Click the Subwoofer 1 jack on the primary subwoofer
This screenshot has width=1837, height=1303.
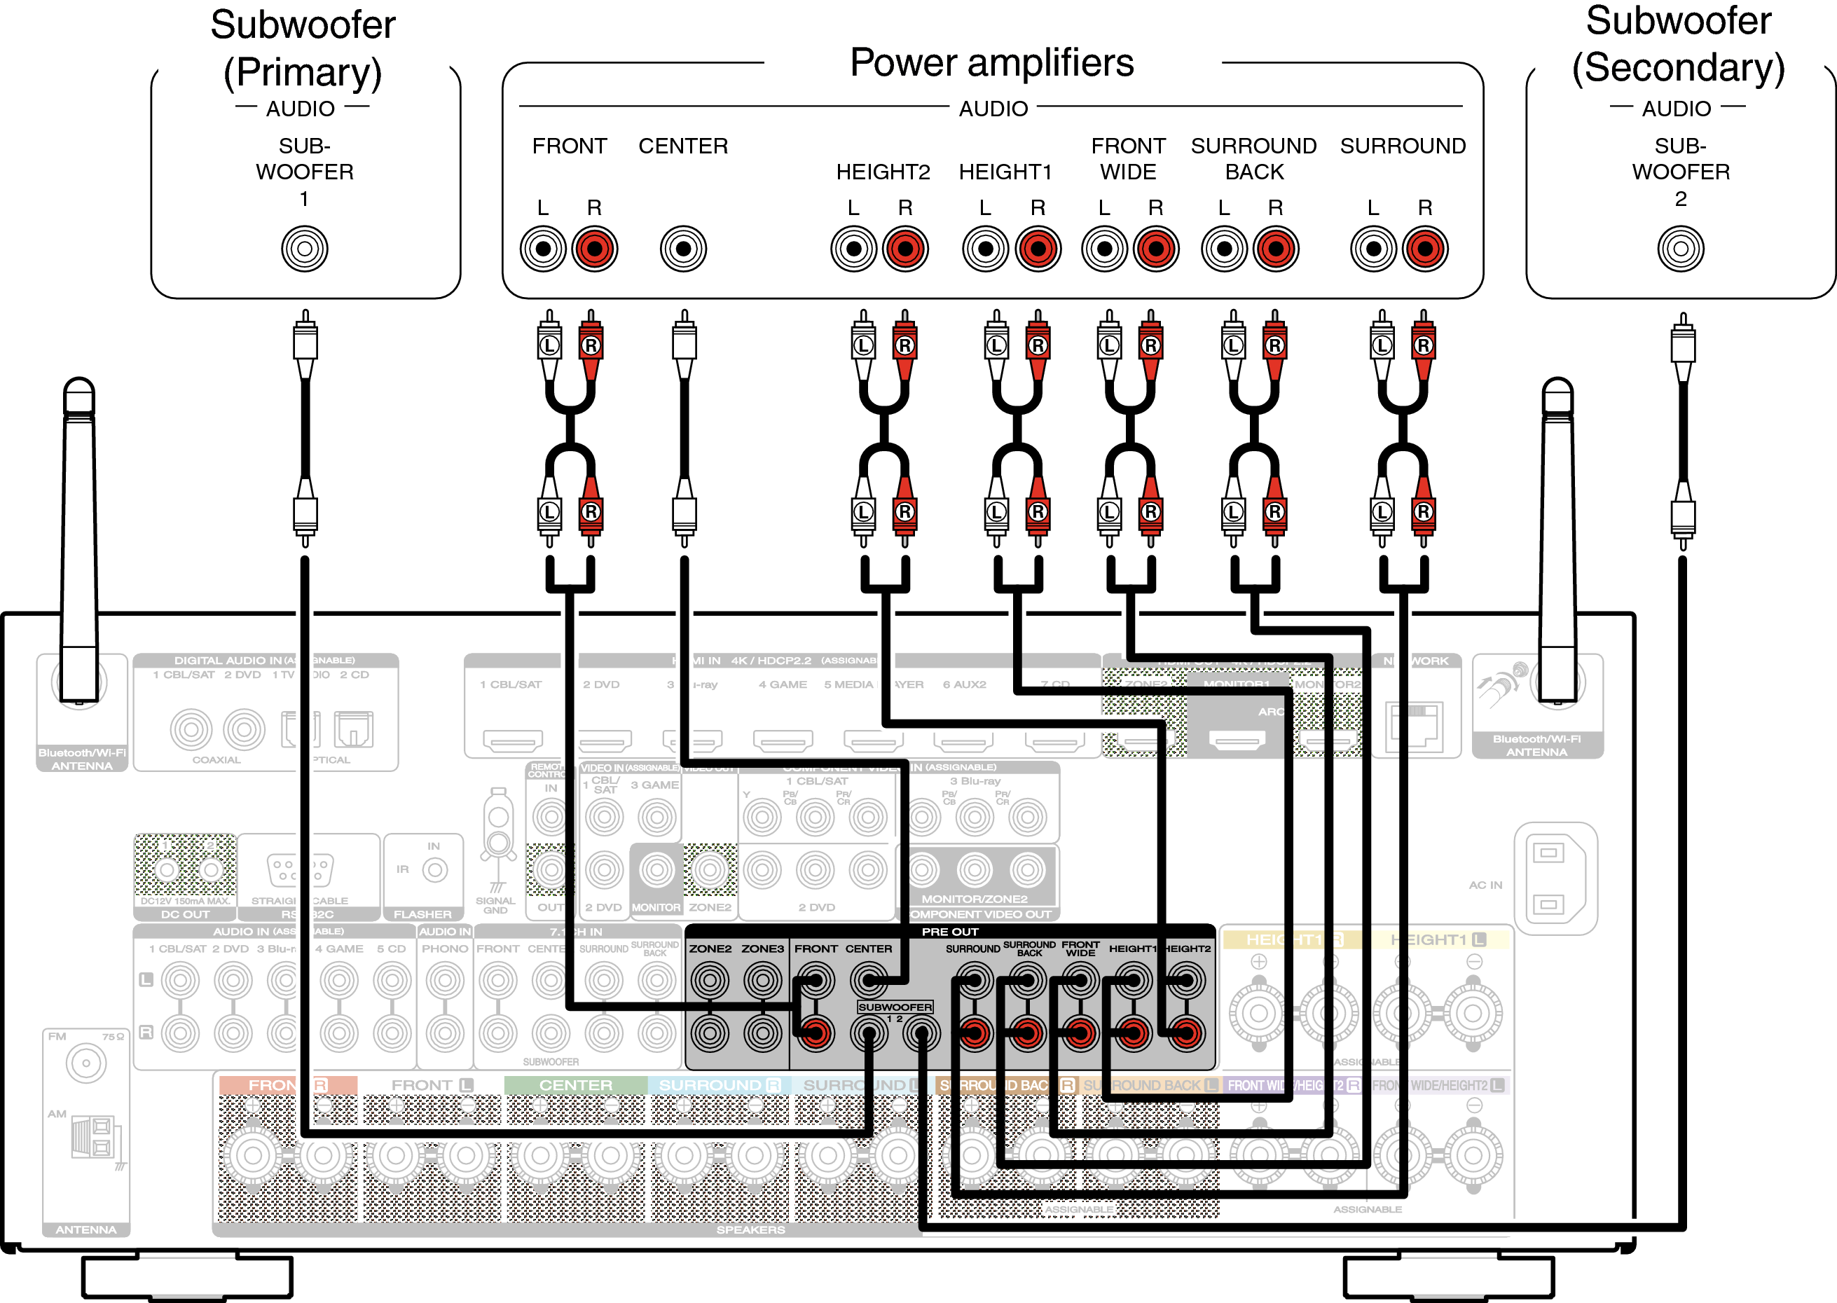coord(304,249)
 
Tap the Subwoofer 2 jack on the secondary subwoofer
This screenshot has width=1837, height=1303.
coord(1680,249)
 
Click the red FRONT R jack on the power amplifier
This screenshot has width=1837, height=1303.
coord(594,249)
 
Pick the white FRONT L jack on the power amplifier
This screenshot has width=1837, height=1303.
coord(543,249)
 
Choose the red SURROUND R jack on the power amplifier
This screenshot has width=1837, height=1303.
coord(1424,249)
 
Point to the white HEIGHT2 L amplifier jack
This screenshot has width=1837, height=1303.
coord(853,249)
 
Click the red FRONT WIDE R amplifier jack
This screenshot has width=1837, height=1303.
coord(1155,249)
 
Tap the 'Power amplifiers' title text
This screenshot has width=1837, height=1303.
coord(991,62)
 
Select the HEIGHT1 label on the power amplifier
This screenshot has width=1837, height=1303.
coord(1005,172)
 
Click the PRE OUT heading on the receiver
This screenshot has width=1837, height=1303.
coord(950,932)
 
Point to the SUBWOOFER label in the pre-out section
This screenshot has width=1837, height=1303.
coord(895,1007)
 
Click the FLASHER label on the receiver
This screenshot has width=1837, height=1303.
coord(422,914)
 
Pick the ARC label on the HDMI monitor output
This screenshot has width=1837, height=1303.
coord(1270,712)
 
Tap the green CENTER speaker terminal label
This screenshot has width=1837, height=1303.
coord(575,1084)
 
